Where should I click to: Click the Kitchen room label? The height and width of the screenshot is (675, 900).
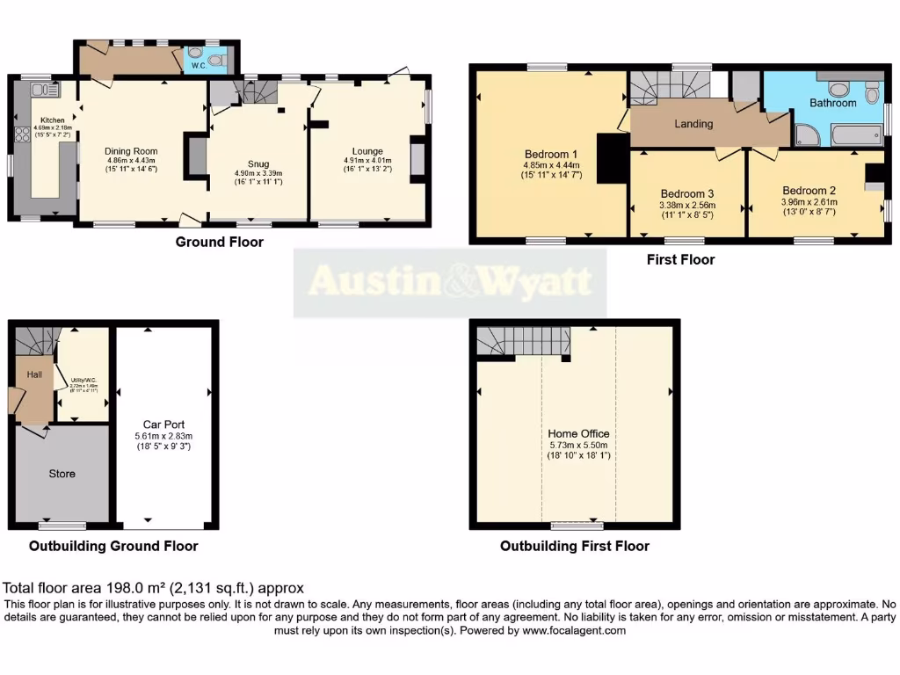47,120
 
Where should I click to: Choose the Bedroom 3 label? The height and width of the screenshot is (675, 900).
686,194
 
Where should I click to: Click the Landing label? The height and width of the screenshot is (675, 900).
693,124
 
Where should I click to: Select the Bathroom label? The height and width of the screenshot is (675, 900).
832,103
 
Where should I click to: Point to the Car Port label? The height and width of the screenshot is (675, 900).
163,425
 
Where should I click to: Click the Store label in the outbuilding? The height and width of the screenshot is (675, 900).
62,474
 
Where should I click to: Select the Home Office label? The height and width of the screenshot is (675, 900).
578,433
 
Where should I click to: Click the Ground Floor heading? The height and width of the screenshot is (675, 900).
219,243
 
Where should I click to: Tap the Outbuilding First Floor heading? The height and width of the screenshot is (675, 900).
574,546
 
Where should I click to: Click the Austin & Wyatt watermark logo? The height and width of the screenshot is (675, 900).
450,282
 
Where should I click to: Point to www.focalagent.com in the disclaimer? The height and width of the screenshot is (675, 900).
573,631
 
